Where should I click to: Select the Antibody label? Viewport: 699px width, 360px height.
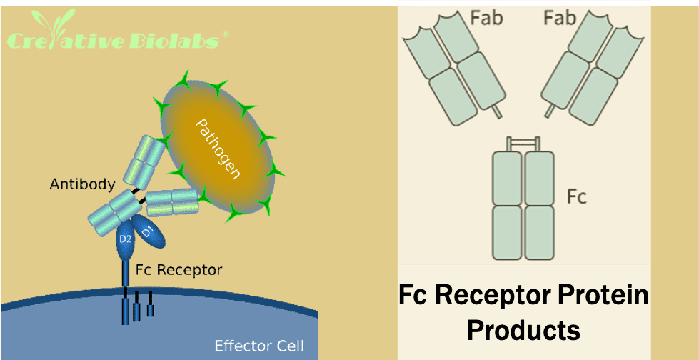pyautogui.click(x=82, y=184)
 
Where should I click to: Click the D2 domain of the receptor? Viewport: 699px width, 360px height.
pyautogui.click(x=126, y=239)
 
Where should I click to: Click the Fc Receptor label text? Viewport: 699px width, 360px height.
pyautogui.click(x=178, y=270)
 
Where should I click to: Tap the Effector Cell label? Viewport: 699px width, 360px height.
pyautogui.click(x=259, y=347)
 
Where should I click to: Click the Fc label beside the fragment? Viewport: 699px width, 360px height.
pyautogui.click(x=576, y=196)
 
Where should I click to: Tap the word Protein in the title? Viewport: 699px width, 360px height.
pyautogui.click(x=595, y=295)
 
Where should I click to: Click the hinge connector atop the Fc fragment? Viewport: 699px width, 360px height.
pyautogui.click(x=523, y=144)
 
